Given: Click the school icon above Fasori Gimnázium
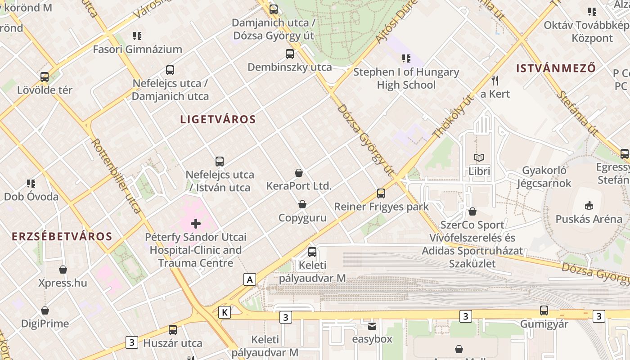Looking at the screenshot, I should pos(137,36).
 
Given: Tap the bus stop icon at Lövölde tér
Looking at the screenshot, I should pos(45,76).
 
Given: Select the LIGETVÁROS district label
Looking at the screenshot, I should pos(218,119).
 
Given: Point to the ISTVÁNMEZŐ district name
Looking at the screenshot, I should pos(556,68).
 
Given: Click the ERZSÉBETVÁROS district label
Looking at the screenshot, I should pos(62,237).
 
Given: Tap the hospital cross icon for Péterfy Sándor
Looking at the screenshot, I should pos(196,223).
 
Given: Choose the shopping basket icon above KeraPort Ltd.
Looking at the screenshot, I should pos(298,172).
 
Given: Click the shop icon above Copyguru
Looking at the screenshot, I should pos(302,204).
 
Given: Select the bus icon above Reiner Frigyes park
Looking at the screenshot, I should pos(381,193).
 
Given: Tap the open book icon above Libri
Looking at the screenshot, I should pos(479,158).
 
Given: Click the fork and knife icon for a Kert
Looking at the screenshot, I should pos(495,81).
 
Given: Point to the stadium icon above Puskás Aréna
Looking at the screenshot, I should pos(588,206).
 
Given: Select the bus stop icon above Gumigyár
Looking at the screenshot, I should pos(544,310).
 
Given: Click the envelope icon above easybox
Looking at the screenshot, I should pos(372,326).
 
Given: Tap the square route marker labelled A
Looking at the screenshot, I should pos(249,279).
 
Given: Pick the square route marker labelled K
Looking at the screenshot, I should pos(225,312).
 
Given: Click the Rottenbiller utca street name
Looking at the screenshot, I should pos(117,175).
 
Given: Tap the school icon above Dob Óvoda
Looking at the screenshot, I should pos(31,183).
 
